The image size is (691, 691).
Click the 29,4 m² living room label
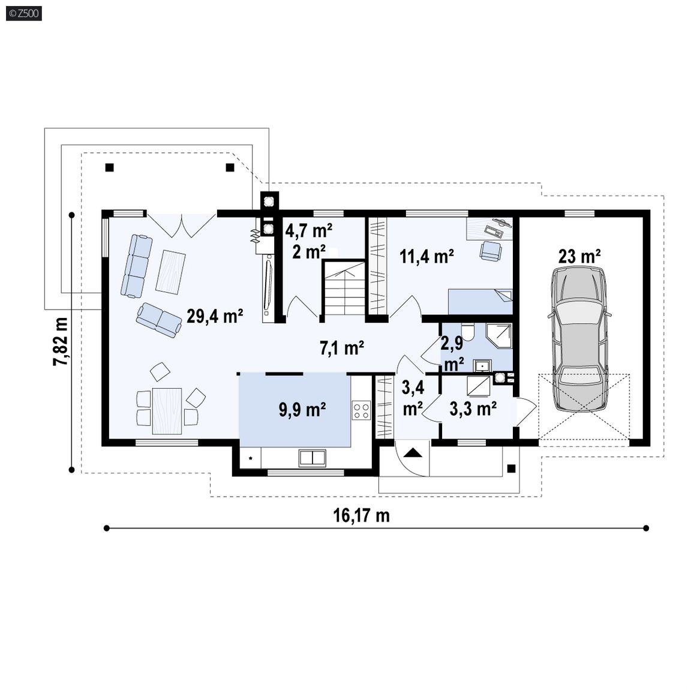[215, 316]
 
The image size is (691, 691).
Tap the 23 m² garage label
[579, 256]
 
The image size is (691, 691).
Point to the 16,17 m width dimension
[361, 515]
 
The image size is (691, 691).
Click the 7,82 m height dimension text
[61, 341]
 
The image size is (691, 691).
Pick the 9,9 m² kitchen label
[302, 410]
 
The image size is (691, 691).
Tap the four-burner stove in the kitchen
[361, 410]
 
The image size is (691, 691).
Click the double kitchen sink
[313, 458]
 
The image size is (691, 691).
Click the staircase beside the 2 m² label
[345, 288]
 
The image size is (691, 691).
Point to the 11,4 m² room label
[426, 256]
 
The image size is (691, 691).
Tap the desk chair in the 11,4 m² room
[491, 251]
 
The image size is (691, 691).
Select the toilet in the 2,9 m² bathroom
[467, 332]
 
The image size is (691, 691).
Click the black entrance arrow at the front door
[413, 453]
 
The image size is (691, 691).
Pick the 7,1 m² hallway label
[341, 348]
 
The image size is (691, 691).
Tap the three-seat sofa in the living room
[137, 266]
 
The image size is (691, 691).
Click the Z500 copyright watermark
[24, 13]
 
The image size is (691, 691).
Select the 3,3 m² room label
[473, 408]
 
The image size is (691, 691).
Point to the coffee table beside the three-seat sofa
[170, 272]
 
